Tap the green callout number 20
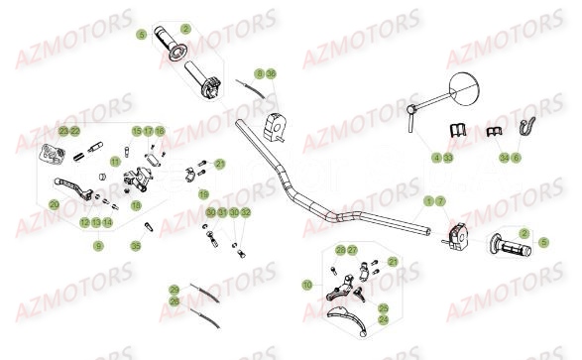54,204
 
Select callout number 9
98,245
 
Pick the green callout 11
114,161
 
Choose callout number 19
203,193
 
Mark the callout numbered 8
259,74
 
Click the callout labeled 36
272,74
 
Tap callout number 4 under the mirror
435,157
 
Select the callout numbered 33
448,157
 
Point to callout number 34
504,157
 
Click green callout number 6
516,157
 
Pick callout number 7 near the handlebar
440,200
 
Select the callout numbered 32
246,213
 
